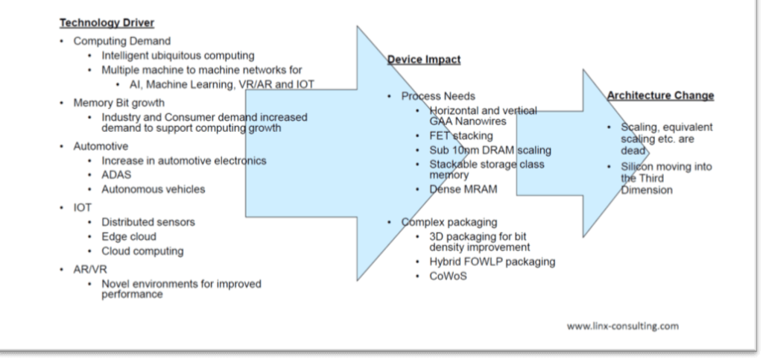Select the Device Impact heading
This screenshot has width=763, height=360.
click(424, 60)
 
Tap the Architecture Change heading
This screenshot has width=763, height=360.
click(660, 95)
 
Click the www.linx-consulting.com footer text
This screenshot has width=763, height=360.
click(622, 326)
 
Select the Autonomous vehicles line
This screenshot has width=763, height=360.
click(153, 189)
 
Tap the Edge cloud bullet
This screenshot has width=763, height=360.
click(129, 236)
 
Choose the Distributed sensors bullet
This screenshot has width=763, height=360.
click(148, 222)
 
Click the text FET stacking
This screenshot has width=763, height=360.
click(461, 136)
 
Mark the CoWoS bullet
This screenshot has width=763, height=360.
click(446, 276)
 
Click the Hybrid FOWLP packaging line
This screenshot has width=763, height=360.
click(492, 262)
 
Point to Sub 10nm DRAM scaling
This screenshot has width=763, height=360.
click(491, 150)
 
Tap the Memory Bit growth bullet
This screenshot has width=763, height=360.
click(118, 102)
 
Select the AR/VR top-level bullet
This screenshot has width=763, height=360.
click(87, 269)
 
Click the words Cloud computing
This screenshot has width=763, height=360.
click(142, 251)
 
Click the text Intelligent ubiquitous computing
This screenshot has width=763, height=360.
click(178, 55)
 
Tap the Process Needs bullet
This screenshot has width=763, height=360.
click(438, 96)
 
